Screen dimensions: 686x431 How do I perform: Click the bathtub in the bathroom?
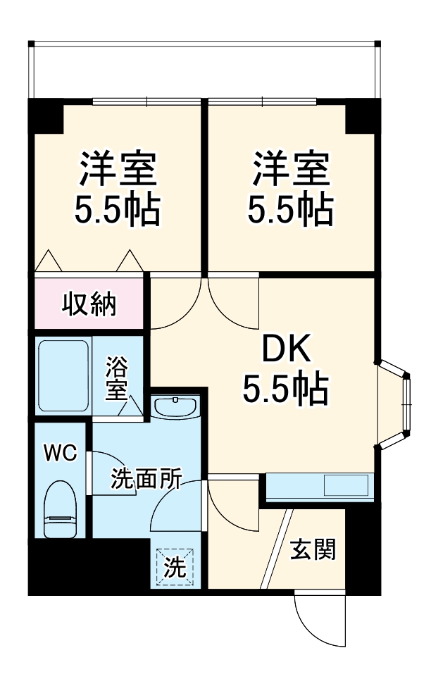point(63,376)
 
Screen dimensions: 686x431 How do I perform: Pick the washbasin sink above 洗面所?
point(175,407)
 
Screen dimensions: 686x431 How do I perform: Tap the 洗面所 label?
point(146,480)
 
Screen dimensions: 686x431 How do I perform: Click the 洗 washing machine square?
point(174,568)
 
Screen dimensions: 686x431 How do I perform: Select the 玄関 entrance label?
point(313,549)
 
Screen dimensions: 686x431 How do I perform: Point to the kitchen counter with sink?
point(318,486)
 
